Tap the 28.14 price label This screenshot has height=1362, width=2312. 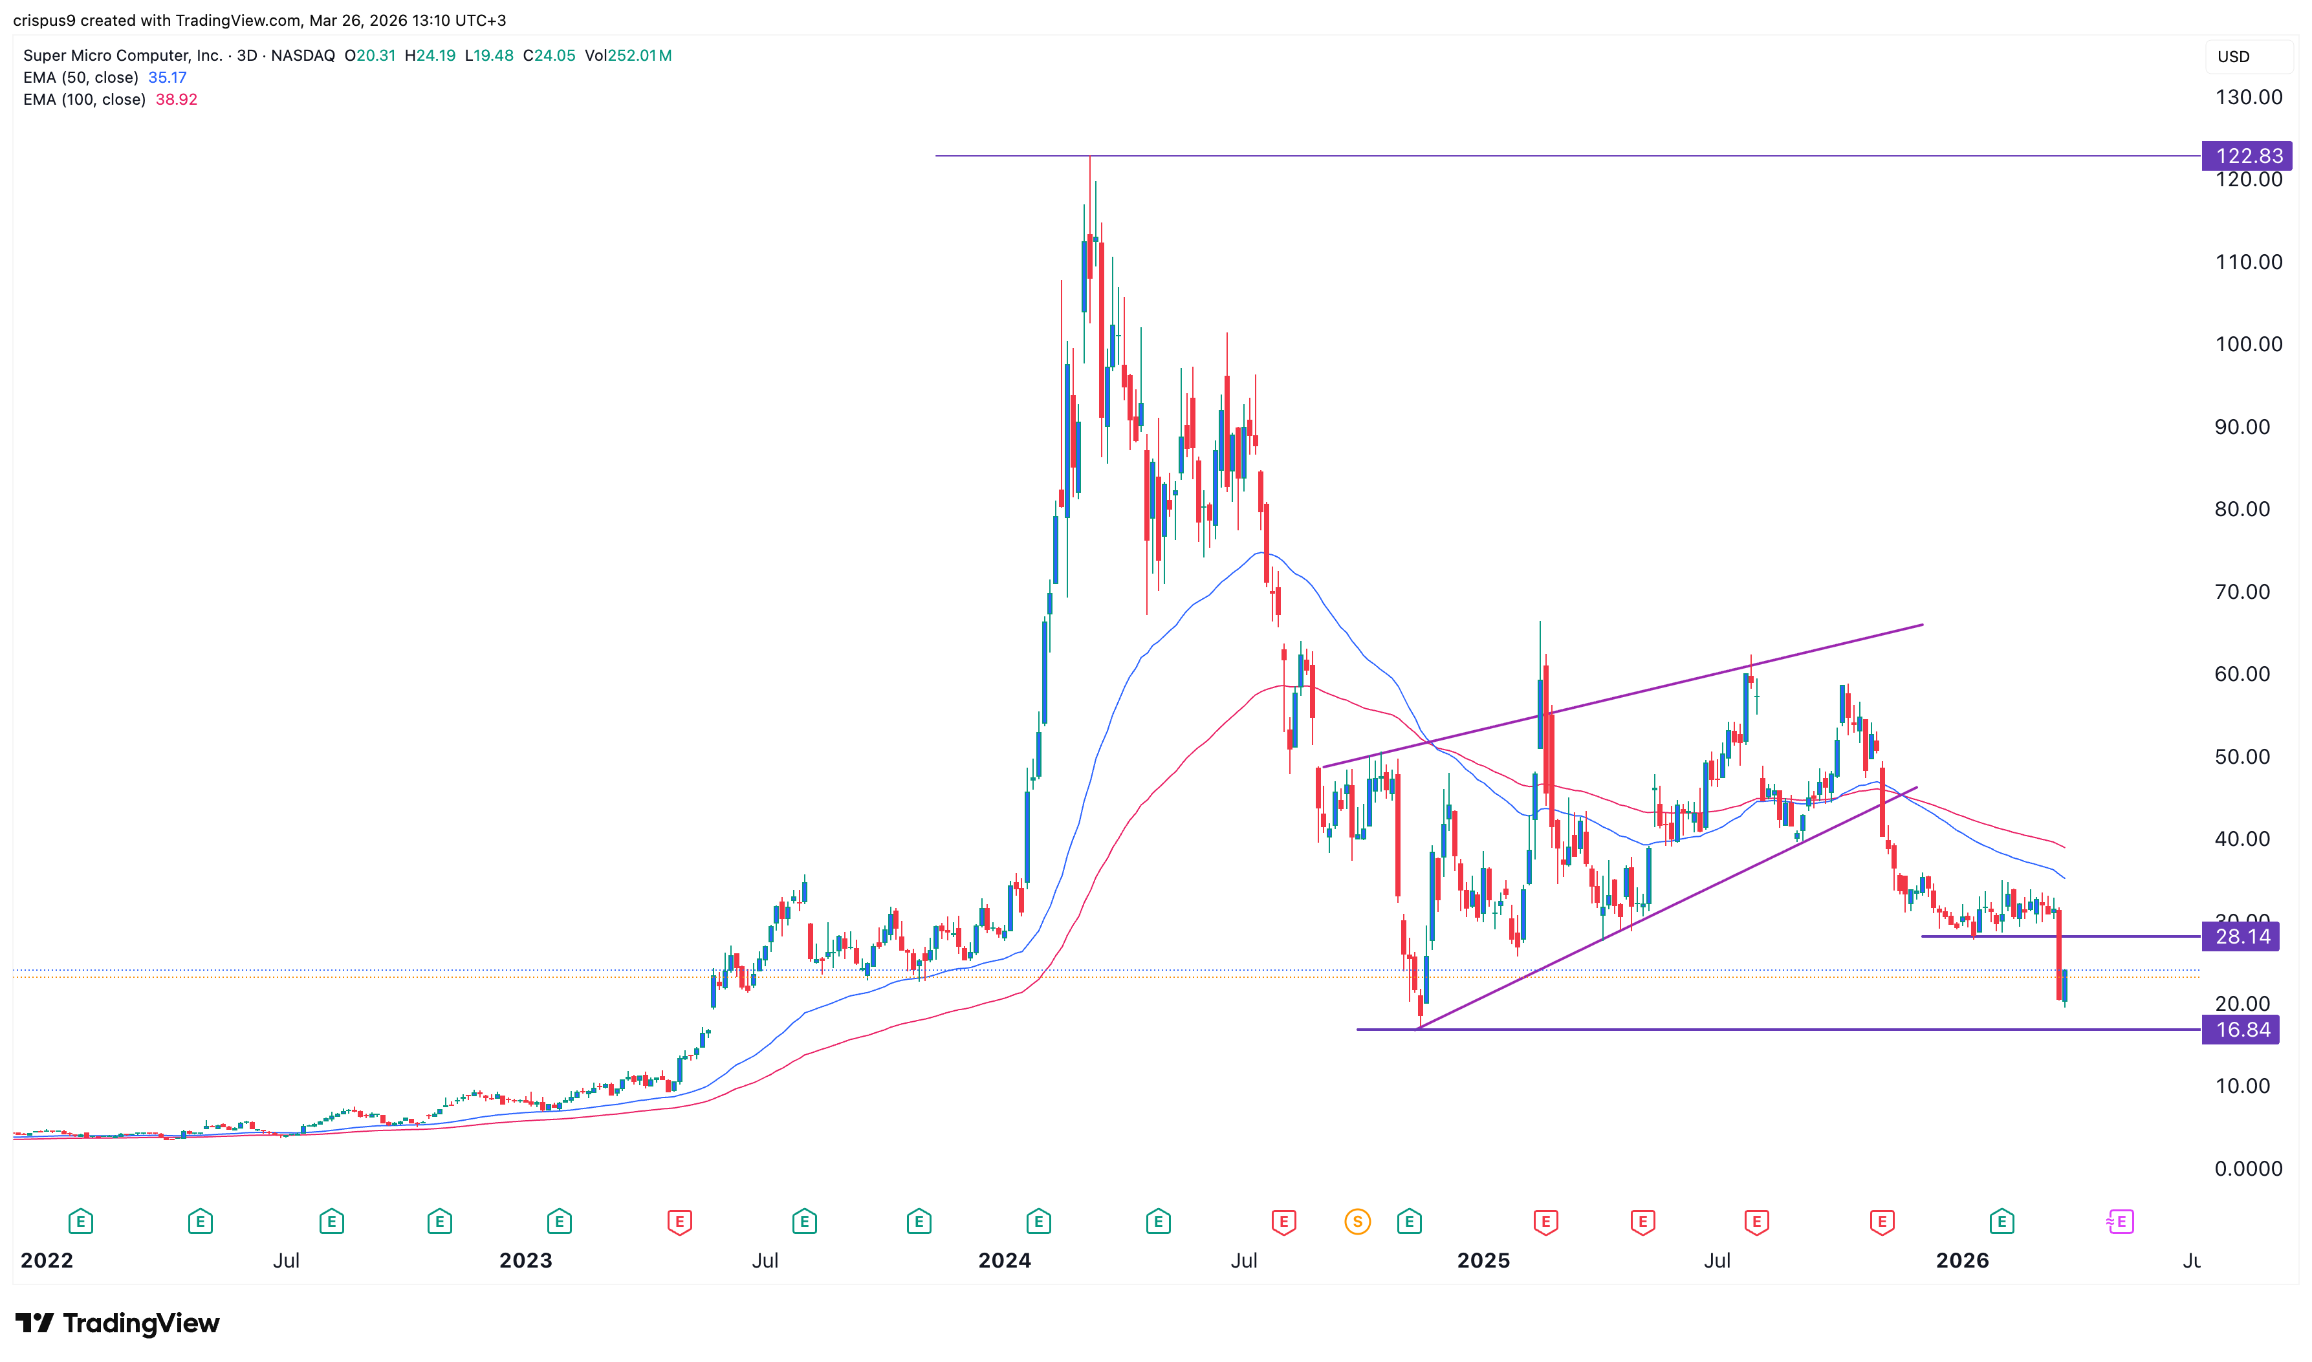[2241, 937]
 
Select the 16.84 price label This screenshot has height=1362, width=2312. [2241, 1030]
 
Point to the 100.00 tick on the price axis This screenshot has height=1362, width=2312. [2248, 344]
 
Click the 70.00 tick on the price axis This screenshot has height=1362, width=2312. [2241, 592]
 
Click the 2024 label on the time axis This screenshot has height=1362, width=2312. [1004, 1260]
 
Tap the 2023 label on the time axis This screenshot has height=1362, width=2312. [525, 1260]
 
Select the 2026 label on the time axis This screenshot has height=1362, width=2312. [1961, 1260]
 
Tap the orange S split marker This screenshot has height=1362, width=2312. [1357, 1222]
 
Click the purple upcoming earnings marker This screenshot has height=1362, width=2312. [2119, 1222]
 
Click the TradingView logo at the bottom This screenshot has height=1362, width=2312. [118, 1323]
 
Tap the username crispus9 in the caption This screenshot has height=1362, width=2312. [44, 20]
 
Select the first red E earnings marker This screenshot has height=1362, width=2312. [679, 1222]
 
